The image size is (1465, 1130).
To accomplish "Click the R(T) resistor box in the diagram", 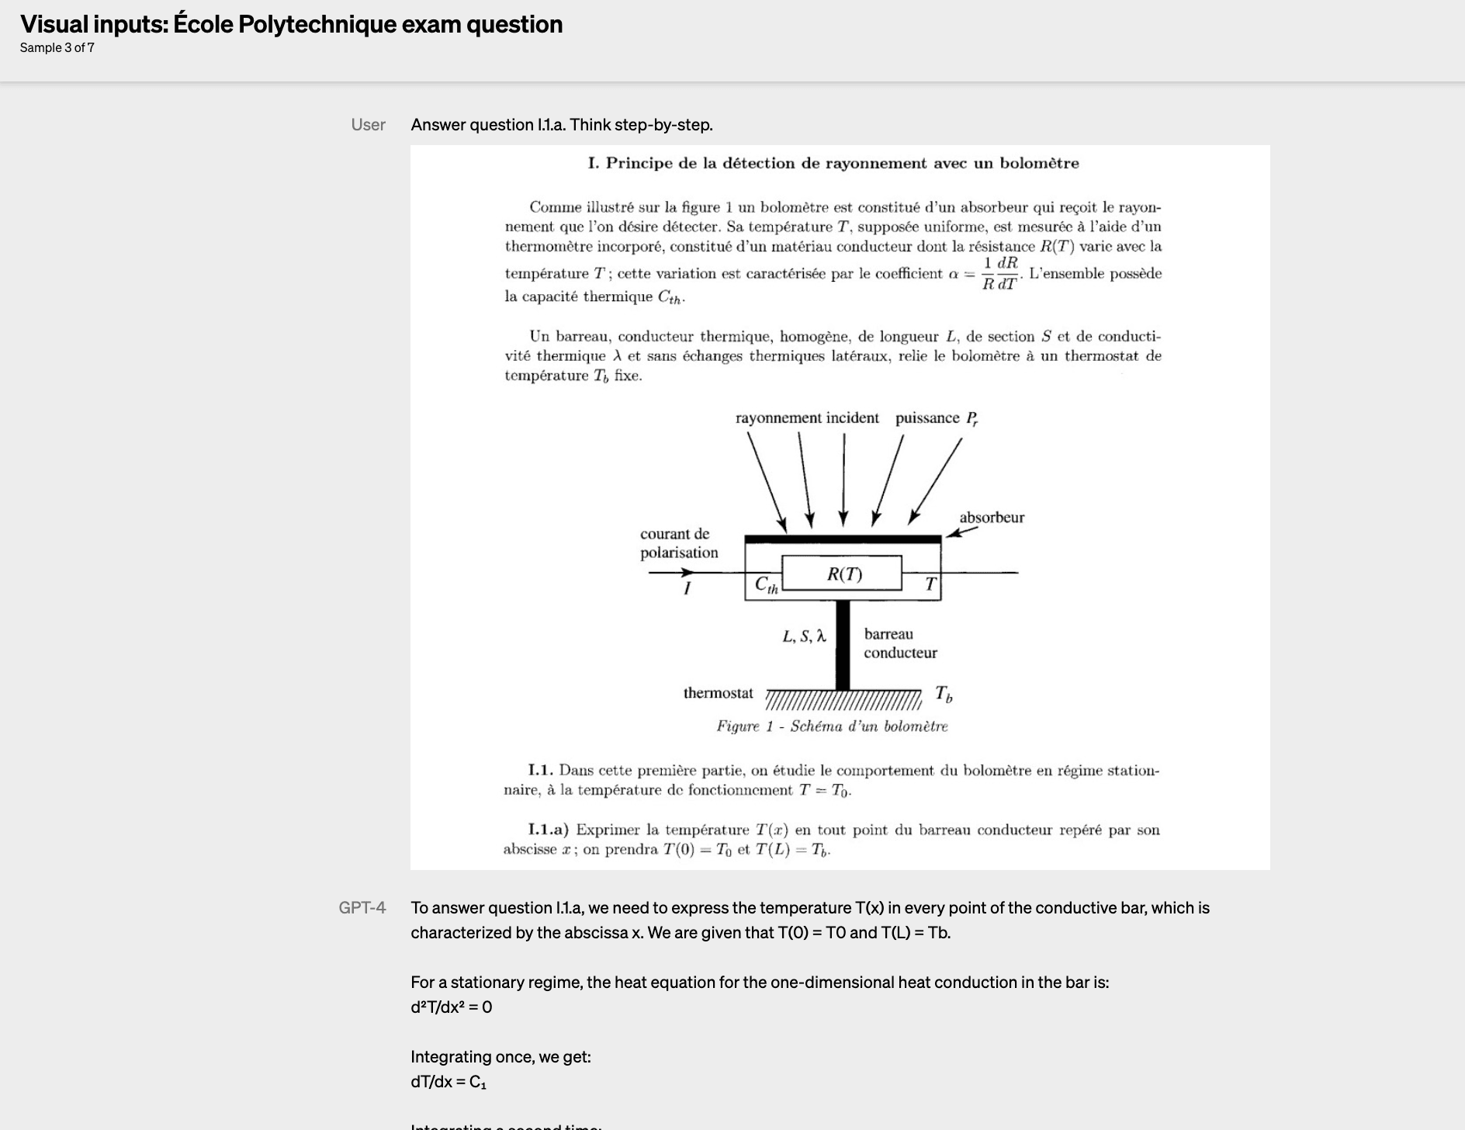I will point(842,574).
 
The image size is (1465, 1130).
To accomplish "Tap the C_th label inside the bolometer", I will point(766,584).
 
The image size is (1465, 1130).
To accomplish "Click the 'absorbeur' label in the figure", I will point(991,518).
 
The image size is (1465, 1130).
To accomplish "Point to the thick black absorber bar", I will point(843,539).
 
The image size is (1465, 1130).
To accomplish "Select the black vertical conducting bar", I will point(843,645).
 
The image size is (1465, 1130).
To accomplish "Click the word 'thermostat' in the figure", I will point(718,693).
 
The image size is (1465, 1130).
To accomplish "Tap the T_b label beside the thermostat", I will point(944,694).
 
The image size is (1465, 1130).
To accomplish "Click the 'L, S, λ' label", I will point(804,636).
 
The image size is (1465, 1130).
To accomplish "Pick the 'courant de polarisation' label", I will point(679,543).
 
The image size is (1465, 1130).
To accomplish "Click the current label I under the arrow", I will point(686,589).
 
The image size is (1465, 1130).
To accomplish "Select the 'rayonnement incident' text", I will point(807,418).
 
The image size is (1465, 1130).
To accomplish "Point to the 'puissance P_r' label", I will point(937,418).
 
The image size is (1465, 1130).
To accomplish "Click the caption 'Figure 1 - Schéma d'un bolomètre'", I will point(832,726).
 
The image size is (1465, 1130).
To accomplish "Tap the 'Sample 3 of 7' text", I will point(57,47).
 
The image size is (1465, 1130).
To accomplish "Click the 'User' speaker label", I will point(368,125).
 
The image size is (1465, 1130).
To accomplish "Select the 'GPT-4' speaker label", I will point(362,907).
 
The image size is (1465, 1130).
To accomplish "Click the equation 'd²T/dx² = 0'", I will point(451,1007).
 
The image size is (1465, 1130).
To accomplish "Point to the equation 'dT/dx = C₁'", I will point(448,1081).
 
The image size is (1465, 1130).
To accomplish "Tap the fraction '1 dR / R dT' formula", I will point(999,274).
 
